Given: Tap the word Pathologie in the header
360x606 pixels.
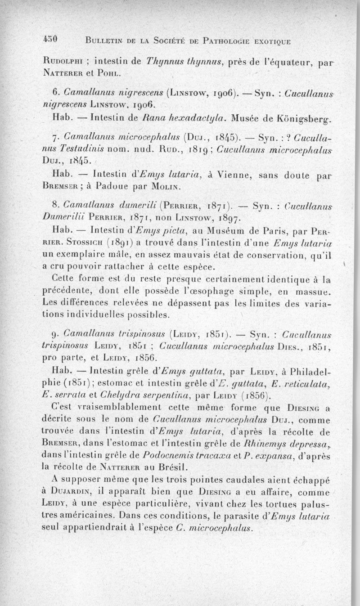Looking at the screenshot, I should [234, 41].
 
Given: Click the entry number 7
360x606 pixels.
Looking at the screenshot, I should [55, 137].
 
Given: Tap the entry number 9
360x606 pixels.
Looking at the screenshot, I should [55, 334].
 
